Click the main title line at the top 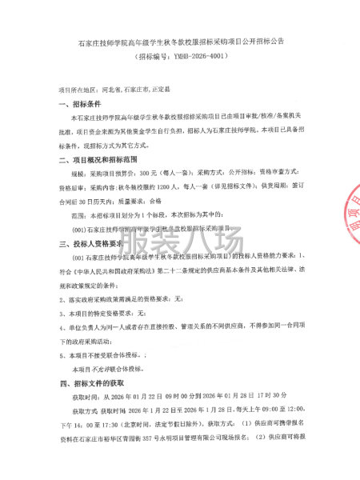pyautogui.click(x=180, y=39)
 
